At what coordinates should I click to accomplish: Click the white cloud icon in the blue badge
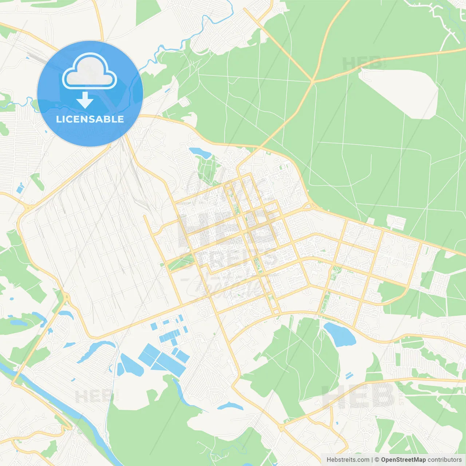[89, 71]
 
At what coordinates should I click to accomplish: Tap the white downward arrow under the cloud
[85, 100]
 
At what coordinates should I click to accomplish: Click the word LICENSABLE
[90, 119]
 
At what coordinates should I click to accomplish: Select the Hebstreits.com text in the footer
[348, 460]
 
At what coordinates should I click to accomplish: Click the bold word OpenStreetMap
[403, 460]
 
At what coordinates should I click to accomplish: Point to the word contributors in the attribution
[444, 460]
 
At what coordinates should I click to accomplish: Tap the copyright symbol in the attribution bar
[377, 460]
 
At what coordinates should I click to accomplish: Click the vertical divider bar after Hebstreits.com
[372, 460]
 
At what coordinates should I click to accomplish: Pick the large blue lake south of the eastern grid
[340, 334]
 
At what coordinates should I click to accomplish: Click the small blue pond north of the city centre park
[200, 152]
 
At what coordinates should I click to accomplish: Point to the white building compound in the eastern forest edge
[396, 222]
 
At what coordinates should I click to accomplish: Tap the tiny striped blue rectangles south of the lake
[349, 375]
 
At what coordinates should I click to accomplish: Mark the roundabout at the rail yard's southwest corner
[66, 297]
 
